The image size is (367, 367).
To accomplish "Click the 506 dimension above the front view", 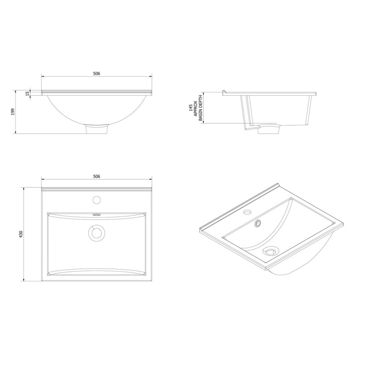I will [96, 74].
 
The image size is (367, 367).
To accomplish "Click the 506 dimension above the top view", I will [96, 177].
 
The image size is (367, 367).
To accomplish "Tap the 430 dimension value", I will [21, 234].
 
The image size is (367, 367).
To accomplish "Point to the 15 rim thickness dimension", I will [27, 93].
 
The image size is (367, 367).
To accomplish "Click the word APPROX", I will [195, 109].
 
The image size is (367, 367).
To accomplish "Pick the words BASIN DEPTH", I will [200, 109].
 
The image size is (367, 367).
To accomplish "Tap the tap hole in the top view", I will [97, 200].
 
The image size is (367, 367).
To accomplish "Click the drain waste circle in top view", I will [97, 232].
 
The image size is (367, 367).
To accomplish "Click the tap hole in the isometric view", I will [247, 212].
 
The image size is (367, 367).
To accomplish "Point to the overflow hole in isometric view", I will [258, 223].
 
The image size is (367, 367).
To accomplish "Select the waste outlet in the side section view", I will [270, 128].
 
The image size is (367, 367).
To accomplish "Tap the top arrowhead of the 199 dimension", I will [16, 91].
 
